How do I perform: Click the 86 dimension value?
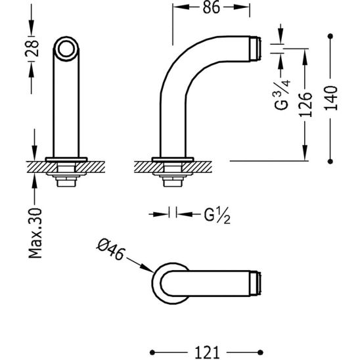coord(212,7)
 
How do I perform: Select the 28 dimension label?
coord(32,49)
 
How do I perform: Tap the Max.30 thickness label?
coord(35,233)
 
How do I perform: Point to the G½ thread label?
coord(217,216)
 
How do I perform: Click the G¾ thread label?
coord(282,95)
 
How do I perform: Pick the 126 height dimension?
coord(305,104)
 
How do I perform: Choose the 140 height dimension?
coord(331,98)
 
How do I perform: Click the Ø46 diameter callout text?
coord(110,250)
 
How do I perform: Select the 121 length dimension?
coord(207,352)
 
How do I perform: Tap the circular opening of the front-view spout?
coord(66,49)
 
